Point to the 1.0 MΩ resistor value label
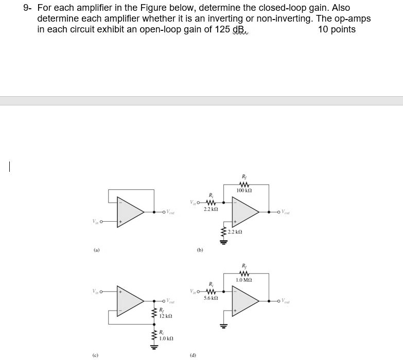[244, 279]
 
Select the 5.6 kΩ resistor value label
[211, 298]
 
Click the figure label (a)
[97, 250]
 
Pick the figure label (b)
[199, 250]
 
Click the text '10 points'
[337, 29]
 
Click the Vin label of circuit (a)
[95, 222]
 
